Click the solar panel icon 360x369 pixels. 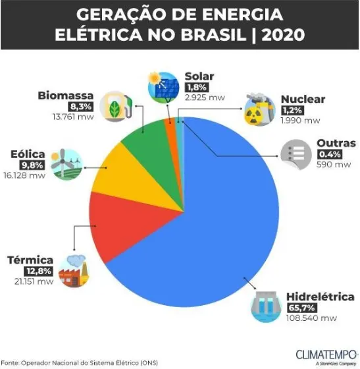coord(163,87)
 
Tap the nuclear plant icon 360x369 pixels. coord(259,109)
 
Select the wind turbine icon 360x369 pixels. coord(66,164)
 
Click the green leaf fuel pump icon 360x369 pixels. coord(116,106)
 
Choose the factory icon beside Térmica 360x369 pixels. coord(74,271)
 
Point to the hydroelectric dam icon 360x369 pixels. coord(266,306)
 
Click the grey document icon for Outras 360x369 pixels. coord(296,155)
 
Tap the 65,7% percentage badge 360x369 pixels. coord(302,308)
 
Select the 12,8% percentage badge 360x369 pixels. coord(38,271)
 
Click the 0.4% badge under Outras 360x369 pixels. coord(330,154)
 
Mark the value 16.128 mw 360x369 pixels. coord(24,175)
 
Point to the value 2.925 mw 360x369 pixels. coord(205,98)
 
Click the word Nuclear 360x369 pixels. coord(303,99)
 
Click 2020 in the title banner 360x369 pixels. coord(284,35)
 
